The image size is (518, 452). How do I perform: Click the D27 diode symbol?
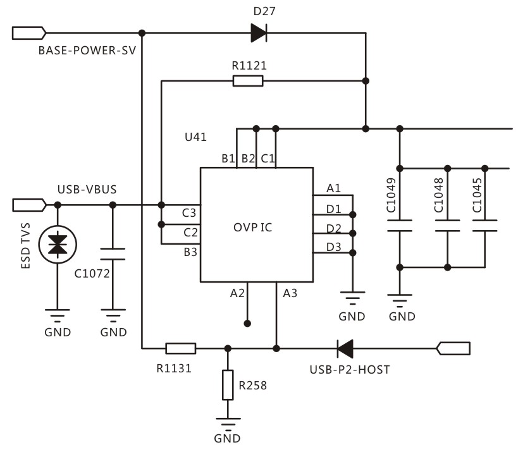pos(258,32)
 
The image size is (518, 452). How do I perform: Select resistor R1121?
pos(248,81)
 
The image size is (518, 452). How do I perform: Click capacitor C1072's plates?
pos(113,254)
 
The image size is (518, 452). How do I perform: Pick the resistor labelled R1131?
pos(180,348)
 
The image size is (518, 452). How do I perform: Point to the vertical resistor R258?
pos(228,385)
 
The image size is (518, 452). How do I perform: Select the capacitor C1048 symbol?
pos(447,226)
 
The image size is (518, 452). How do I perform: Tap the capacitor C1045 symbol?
pos(485,226)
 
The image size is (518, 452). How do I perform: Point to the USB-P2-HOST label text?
pos(349,369)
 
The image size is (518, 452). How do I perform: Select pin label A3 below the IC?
pos(290,293)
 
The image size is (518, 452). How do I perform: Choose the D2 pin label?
pos(334,227)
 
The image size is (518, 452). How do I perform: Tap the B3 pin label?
pos(190,252)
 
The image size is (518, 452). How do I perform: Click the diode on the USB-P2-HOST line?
pos(345,348)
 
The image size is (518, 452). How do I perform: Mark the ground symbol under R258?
pos(228,425)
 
